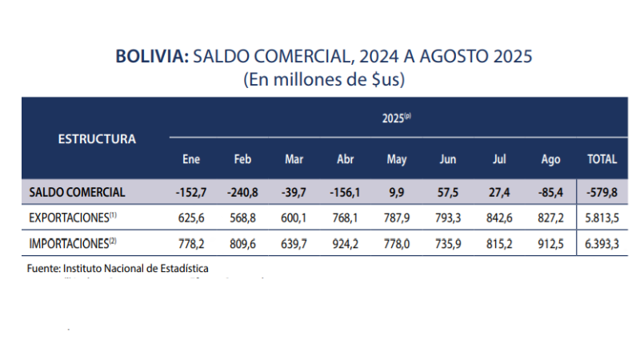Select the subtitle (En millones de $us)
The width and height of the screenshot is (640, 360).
click(x=323, y=80)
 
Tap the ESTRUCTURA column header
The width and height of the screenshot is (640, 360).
click(x=97, y=138)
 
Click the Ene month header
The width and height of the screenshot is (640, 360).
click(x=190, y=159)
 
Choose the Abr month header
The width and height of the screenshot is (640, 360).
click(x=346, y=159)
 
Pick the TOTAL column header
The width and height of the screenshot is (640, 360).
click(x=602, y=159)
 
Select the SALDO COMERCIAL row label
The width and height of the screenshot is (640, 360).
click(x=77, y=192)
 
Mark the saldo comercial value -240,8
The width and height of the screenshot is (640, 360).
click(x=242, y=192)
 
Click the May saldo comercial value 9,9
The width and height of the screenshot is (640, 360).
click(x=397, y=192)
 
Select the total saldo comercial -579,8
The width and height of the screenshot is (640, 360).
click(x=602, y=192)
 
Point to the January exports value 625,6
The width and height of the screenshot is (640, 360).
click(x=190, y=217)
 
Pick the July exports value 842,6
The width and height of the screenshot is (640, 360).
click(x=499, y=217)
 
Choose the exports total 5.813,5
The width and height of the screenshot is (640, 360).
click(x=602, y=217)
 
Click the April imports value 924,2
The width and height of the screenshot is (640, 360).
click(x=346, y=242)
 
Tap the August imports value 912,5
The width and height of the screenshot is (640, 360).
click(x=550, y=242)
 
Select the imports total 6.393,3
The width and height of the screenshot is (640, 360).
click(x=602, y=242)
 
